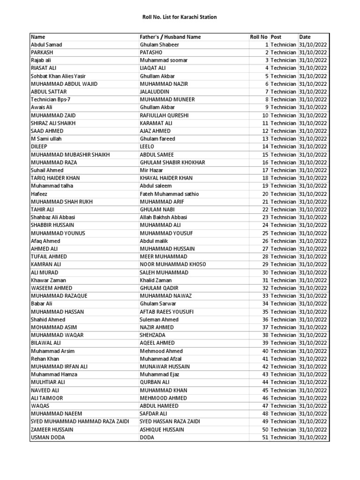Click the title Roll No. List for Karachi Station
pyautogui.click(x=180, y=17)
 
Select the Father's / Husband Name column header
pyautogui.click(x=170, y=37)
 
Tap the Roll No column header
pyautogui.click(x=258, y=37)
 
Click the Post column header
pyautogui.click(x=276, y=37)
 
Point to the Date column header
pyautogui.click(x=305, y=37)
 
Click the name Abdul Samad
pyautogui.click(x=46, y=45)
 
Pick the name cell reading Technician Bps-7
pyautogui.click(x=51, y=99)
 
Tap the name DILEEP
pyautogui.click(x=39, y=147)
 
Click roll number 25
pyautogui.click(x=265, y=233)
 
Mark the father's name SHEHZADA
pyautogui.click(x=153, y=335)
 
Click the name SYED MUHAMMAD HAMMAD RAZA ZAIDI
pyautogui.click(x=80, y=421)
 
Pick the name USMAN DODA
pyautogui.click(x=48, y=437)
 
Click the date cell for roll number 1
pyautogui.click(x=313, y=45)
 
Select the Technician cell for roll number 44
pyautogui.click(x=283, y=382)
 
